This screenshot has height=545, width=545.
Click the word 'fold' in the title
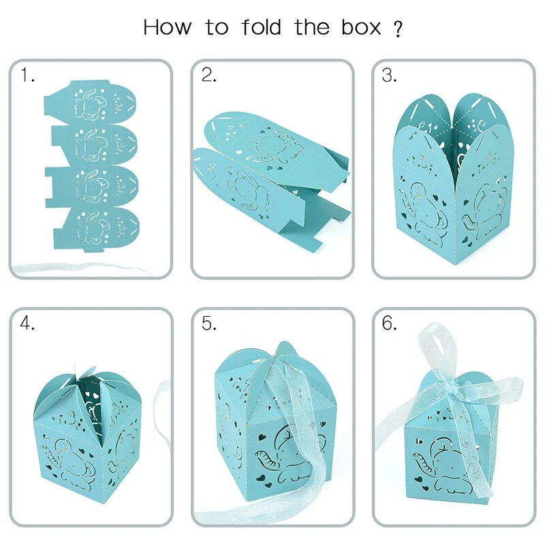(x=261, y=27)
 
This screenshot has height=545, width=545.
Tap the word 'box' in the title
(x=362, y=27)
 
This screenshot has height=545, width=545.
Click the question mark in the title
(x=399, y=29)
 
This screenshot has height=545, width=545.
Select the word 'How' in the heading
(x=167, y=27)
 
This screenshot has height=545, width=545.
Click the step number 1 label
(x=28, y=75)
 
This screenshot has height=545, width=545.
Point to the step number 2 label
(x=208, y=75)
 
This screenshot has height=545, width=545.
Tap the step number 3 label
(x=389, y=75)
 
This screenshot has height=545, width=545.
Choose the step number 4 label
(x=27, y=323)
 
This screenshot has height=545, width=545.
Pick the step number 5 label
(x=208, y=323)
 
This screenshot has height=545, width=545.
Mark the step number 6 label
(x=389, y=323)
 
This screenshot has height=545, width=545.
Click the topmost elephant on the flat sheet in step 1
(x=91, y=104)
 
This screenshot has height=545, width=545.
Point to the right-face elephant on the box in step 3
(x=486, y=212)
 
